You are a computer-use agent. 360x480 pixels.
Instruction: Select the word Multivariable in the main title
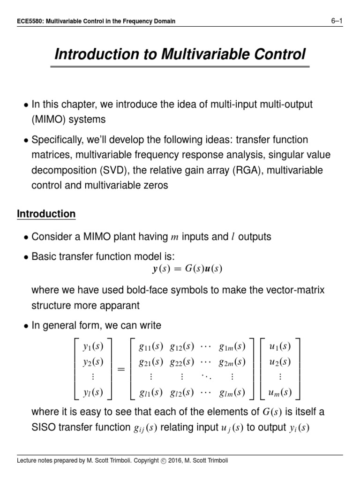[199, 54]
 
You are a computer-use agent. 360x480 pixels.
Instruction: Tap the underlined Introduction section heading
[46, 214]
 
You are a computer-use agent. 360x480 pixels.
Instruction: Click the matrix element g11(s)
[151, 347]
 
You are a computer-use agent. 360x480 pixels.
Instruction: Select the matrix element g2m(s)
[232, 362]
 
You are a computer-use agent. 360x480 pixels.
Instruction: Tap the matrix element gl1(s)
[151, 393]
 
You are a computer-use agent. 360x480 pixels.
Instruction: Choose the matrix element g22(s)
[182, 362]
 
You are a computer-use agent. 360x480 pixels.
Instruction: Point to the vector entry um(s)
[279, 393]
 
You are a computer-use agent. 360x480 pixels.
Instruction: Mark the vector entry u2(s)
[279, 362]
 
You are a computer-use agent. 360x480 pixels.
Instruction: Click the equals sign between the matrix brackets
[121, 370]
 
